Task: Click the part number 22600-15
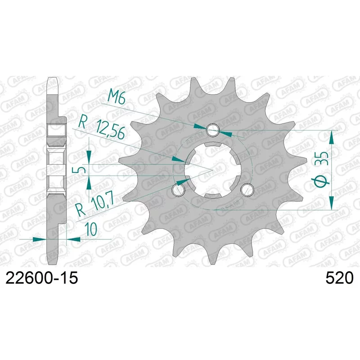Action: (x=41, y=278)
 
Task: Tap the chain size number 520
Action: (x=339, y=278)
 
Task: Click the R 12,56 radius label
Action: (x=102, y=129)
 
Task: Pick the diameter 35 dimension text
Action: (x=323, y=169)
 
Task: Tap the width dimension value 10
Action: (x=91, y=229)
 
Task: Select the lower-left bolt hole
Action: (x=179, y=189)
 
